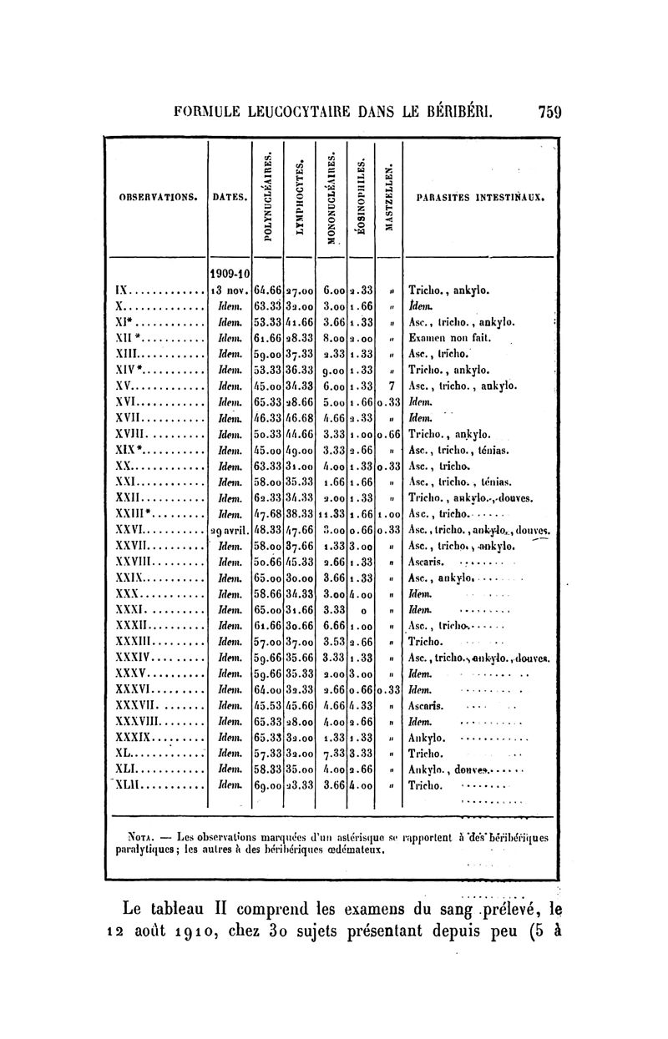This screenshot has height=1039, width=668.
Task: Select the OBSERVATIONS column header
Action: click(x=156, y=198)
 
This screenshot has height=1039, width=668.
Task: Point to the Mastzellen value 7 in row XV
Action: click(x=390, y=386)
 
